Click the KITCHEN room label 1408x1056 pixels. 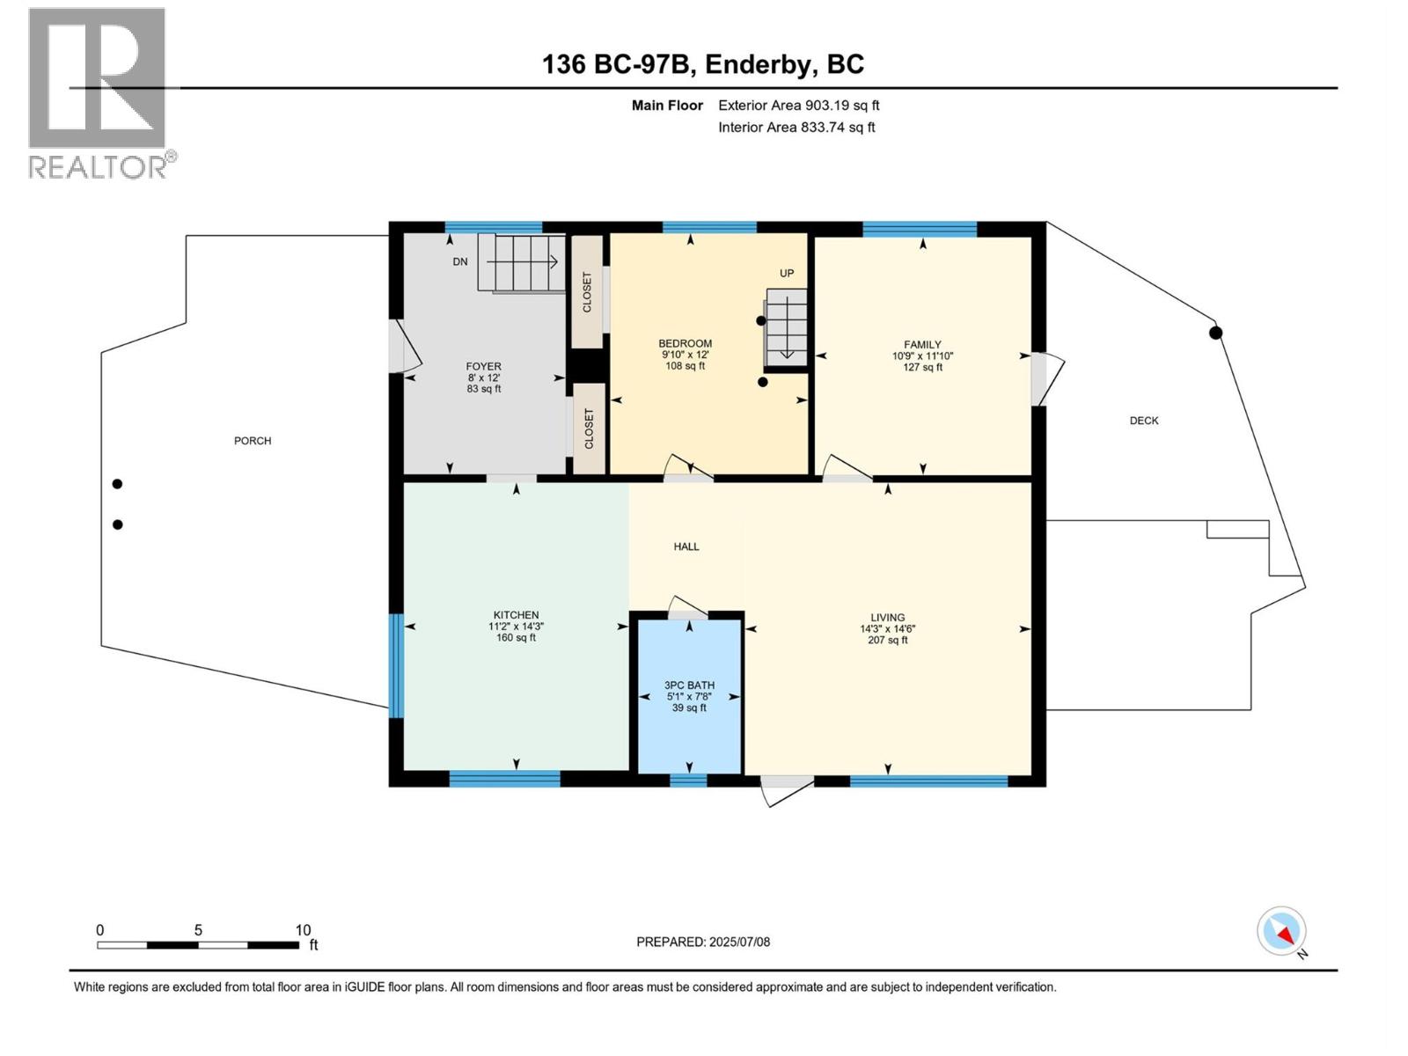point(516,615)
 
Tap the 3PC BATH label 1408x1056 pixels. point(689,685)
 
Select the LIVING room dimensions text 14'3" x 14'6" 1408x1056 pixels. point(888,629)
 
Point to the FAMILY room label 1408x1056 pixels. point(922,345)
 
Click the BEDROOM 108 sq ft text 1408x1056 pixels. point(685,366)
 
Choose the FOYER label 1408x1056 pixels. point(483,366)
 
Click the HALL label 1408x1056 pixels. point(686,546)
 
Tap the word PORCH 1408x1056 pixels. point(253,441)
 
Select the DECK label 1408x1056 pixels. point(1144,421)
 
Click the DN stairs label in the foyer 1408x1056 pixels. point(460,261)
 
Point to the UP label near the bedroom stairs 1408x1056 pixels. point(787,273)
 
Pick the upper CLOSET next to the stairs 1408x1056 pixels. point(587,291)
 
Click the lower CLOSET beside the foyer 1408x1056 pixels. point(589,429)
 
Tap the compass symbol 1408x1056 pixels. point(1281,931)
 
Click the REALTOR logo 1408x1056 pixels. point(98,92)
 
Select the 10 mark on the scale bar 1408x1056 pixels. point(303,930)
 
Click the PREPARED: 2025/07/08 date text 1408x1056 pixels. point(703,942)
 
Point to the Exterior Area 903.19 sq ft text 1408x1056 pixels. point(798,106)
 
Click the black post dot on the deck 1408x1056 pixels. point(1215,333)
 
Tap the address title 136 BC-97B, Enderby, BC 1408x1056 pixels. point(703,64)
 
